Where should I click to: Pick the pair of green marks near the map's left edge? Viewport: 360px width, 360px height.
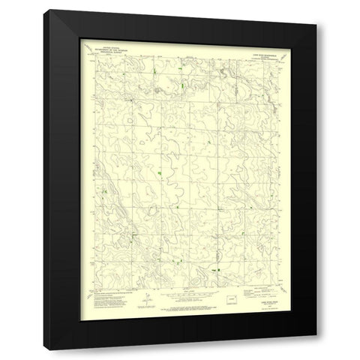pyautogui.click(x=104, y=192)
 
